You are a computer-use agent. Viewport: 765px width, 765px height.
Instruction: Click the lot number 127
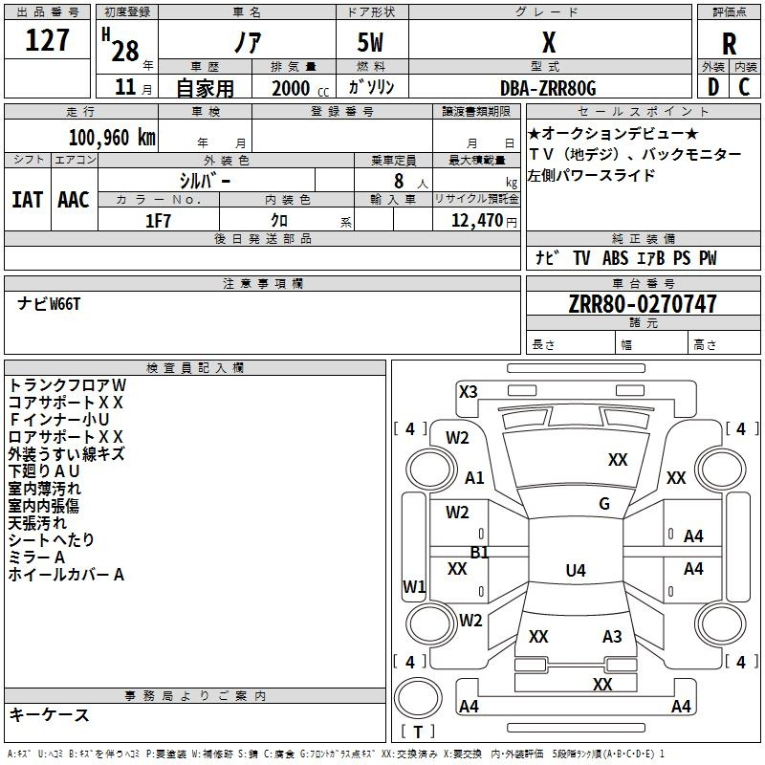[47, 40]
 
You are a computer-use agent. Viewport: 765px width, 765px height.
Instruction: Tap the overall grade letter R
[729, 44]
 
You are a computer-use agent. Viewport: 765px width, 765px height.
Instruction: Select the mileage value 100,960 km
[112, 138]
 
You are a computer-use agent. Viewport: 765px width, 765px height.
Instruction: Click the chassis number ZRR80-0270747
[643, 304]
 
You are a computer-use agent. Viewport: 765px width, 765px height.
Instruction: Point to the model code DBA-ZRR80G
[548, 88]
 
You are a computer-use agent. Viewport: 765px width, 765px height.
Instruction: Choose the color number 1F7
[158, 221]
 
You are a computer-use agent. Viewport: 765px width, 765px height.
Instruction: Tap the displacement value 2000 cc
[300, 88]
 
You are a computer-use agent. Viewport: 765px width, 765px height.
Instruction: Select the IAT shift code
[27, 200]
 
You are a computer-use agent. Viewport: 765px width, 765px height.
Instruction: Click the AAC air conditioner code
[74, 200]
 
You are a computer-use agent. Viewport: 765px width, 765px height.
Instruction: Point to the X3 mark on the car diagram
[468, 392]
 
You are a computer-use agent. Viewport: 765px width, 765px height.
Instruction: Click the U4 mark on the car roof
[576, 570]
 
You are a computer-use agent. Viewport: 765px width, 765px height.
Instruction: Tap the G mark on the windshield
[604, 504]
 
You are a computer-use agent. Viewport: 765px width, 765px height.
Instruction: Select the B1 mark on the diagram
[479, 553]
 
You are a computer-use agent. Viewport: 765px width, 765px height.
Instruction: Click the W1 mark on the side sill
[414, 586]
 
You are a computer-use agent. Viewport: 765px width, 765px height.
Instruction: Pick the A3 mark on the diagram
[612, 637]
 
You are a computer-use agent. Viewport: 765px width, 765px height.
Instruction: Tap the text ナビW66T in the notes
[49, 304]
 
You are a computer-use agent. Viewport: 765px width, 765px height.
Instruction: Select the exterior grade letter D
[712, 87]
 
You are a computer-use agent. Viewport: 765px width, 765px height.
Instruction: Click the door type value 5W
[370, 42]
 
